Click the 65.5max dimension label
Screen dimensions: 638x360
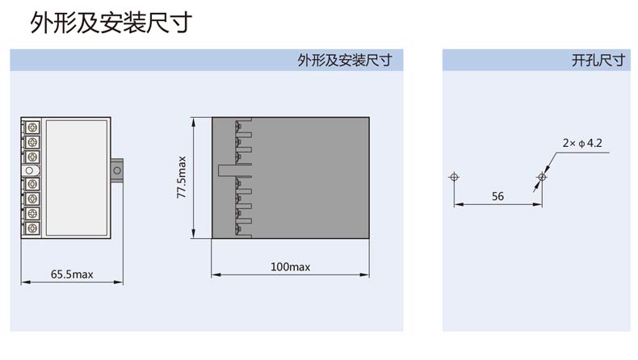pos(73,274)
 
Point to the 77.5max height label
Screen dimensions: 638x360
pos(182,178)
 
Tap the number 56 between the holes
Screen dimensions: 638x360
pos(497,196)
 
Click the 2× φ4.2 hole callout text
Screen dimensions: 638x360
pos(583,143)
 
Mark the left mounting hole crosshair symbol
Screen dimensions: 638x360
pos(454,176)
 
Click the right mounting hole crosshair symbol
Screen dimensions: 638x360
pos(542,176)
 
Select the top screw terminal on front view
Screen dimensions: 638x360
pos(32,128)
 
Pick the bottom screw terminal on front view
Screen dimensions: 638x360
pos(32,228)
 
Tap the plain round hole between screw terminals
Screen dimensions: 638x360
pos(31,170)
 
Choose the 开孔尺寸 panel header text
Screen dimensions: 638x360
pos(598,61)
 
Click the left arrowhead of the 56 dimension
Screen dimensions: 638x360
pos(457,204)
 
